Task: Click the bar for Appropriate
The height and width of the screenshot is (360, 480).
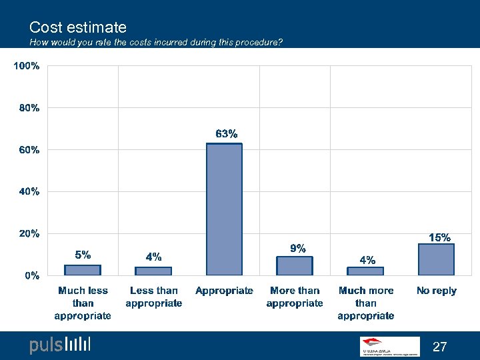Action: point(224,209)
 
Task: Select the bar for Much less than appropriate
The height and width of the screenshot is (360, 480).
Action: point(83,270)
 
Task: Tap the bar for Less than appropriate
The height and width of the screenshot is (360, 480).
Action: point(153,271)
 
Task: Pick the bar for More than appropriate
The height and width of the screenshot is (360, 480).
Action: point(295,266)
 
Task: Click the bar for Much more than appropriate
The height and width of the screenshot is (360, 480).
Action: point(365,271)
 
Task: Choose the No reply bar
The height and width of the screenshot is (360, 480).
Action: point(436,259)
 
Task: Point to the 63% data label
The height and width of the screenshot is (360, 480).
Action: point(226,134)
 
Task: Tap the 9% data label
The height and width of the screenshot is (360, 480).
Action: point(297,248)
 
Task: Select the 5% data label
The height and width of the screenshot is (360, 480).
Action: point(83,254)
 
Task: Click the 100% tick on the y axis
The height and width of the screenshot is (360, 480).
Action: point(27,66)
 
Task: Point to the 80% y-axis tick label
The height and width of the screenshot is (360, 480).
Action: point(29,108)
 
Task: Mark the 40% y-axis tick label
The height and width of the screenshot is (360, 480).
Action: point(29,191)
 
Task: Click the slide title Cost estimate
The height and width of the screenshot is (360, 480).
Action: point(78,27)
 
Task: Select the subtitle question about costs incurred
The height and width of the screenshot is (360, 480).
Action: point(156,43)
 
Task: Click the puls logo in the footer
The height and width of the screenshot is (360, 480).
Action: point(59,345)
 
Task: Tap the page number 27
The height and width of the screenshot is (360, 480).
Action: point(440,347)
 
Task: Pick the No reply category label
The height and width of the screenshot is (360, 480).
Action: point(436,291)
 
